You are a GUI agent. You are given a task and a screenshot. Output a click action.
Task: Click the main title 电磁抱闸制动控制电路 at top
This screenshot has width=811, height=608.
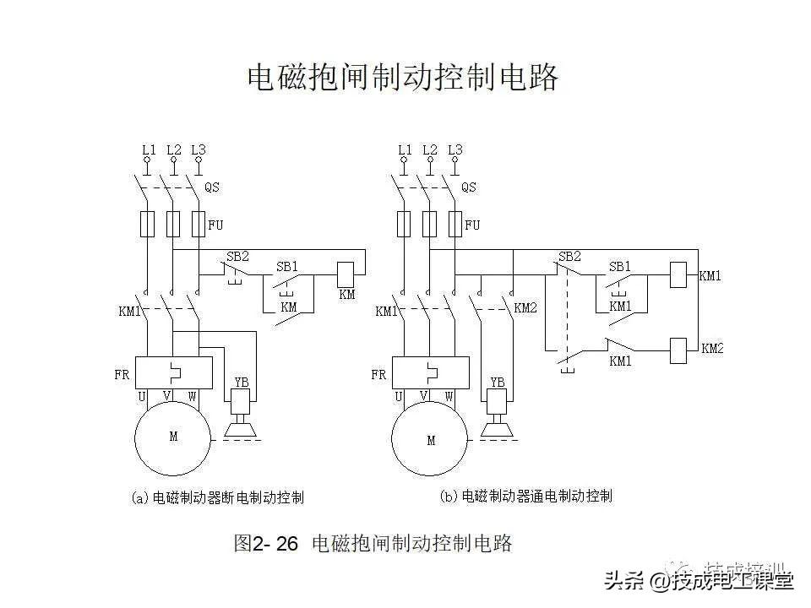402,79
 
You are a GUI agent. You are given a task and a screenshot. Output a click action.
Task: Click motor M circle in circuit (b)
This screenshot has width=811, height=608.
431,440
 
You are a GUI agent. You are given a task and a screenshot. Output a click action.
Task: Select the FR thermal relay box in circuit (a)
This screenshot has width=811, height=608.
173,372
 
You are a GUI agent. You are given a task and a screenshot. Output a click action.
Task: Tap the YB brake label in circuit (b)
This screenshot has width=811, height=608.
497,382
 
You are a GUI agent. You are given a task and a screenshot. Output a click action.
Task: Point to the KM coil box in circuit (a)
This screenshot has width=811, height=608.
346,274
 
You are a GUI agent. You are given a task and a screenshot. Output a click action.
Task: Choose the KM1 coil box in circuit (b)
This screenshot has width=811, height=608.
678,274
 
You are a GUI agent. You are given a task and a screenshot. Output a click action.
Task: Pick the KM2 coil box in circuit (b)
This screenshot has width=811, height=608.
678,350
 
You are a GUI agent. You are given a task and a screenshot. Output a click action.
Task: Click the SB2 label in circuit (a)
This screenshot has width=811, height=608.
237,257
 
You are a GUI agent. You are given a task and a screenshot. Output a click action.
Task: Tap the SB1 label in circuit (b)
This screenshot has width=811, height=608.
620,267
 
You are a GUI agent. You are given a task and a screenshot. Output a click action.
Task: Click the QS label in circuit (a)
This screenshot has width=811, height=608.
212,187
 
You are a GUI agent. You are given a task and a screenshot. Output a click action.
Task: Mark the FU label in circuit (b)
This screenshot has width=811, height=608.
472,225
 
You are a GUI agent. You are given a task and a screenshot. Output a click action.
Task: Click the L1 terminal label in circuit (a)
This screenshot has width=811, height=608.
149,150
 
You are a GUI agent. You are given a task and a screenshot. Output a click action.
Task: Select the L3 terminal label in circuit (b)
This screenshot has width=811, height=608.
454,150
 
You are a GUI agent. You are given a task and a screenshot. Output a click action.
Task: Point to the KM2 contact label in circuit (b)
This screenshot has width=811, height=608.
525,308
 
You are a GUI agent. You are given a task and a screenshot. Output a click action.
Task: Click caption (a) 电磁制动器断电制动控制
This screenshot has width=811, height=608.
218,497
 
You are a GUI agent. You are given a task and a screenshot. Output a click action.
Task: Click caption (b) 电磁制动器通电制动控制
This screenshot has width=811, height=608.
527,497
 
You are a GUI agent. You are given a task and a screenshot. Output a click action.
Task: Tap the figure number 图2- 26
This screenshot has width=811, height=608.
265,543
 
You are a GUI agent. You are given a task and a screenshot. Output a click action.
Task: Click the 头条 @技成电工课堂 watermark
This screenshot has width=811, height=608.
698,580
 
